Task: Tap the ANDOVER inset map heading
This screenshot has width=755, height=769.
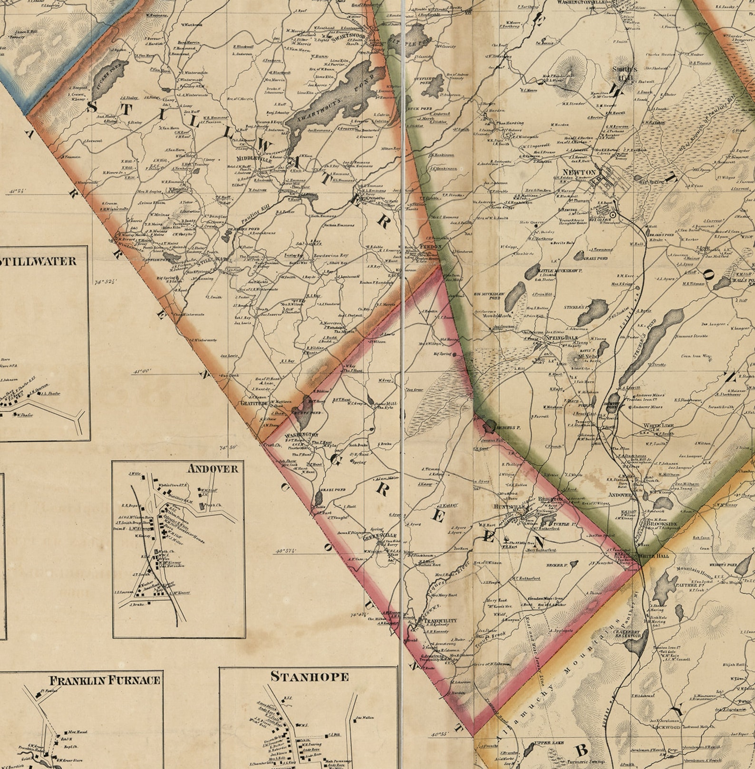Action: coord(213,469)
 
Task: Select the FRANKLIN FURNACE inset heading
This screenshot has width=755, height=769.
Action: coord(105,680)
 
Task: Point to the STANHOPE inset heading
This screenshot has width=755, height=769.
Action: coord(310,676)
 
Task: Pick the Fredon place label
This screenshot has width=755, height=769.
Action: coord(431,247)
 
